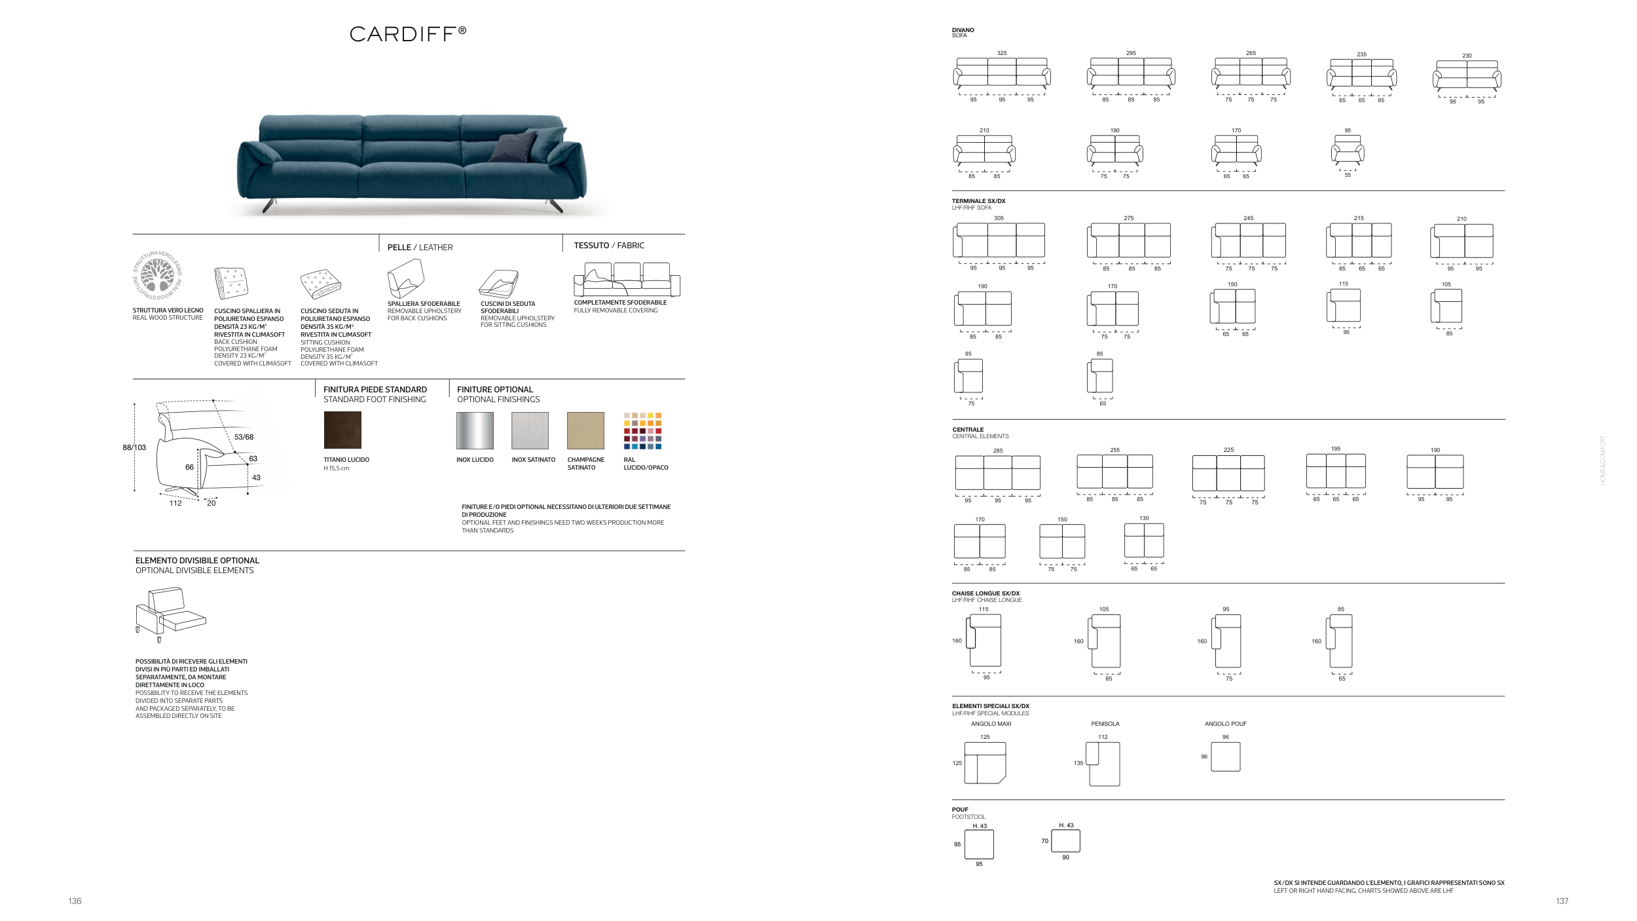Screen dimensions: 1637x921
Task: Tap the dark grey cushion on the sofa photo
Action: pyautogui.click(x=513, y=147)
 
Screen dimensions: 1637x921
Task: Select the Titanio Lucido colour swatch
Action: pyautogui.click(x=342, y=430)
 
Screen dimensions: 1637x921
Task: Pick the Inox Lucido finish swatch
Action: pyautogui.click(x=475, y=430)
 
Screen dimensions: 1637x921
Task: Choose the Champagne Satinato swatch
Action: pyautogui.click(x=585, y=430)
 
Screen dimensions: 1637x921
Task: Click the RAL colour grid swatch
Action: pyautogui.click(x=642, y=430)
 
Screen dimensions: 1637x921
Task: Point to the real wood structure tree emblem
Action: pyautogui.click(x=157, y=276)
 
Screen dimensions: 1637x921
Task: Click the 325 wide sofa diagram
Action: pyautogui.click(x=1002, y=73)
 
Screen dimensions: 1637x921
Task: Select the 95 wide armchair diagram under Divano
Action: pyautogui.click(x=1348, y=149)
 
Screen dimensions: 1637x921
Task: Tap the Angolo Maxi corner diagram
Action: pyautogui.click(x=985, y=762)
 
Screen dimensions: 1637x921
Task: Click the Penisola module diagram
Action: pyautogui.click(x=1103, y=764)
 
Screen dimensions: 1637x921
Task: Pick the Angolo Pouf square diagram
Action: pyautogui.click(x=1226, y=757)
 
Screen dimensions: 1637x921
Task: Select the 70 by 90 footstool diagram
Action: pyautogui.click(x=1065, y=841)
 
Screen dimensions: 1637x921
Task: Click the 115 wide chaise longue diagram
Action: pyautogui.click(x=984, y=641)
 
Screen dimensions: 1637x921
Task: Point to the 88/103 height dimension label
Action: pyautogui.click(x=134, y=447)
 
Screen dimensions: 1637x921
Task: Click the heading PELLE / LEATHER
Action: pyautogui.click(x=420, y=247)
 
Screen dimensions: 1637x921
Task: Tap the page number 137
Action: pyautogui.click(x=1562, y=901)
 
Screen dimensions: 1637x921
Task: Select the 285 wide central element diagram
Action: pyautogui.click(x=998, y=473)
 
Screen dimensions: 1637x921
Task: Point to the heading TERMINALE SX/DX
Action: pyautogui.click(x=978, y=201)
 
